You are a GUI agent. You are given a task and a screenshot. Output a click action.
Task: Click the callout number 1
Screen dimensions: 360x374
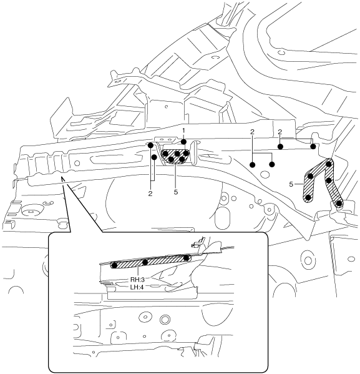coord(183,130)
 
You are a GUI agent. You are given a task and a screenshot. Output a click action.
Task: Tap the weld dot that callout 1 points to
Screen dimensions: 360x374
coord(183,142)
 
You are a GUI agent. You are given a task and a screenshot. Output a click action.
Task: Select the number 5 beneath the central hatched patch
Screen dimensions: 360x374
coord(176,192)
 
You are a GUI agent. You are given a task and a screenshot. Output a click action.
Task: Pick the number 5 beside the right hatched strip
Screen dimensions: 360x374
coord(291,184)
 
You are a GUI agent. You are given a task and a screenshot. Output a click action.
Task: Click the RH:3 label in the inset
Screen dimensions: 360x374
coord(137,280)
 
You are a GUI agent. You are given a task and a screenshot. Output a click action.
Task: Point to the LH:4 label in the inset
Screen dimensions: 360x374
coord(137,287)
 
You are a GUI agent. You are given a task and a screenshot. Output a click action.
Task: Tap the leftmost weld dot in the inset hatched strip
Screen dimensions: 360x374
coord(114,265)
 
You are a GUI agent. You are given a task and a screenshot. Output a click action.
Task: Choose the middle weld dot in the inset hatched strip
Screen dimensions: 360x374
coord(145,262)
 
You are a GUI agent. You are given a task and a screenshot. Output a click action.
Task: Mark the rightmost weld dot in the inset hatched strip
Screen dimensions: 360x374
coord(187,258)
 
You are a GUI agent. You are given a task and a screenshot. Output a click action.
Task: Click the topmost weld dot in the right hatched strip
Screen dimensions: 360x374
coord(329,164)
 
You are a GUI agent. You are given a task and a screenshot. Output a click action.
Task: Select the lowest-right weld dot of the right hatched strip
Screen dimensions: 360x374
coord(339,204)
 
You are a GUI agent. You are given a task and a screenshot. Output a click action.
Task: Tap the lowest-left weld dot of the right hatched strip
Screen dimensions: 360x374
coord(308,197)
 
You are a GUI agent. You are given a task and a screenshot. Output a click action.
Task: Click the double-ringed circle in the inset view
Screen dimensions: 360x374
coord(165,320)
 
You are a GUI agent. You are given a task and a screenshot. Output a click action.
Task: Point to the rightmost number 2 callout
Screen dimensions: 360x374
coord(280,132)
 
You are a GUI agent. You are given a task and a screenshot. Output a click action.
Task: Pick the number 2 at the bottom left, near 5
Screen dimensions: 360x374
coord(150,194)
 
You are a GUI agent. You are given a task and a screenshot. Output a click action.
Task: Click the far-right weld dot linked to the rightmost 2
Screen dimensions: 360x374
coord(313,147)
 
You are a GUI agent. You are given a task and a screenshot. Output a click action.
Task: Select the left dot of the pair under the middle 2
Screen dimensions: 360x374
coord(253,165)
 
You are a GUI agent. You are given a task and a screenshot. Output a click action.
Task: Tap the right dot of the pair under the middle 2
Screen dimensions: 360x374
coord(272,164)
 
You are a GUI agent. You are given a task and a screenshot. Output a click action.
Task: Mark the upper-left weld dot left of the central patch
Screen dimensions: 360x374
coord(150,145)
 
